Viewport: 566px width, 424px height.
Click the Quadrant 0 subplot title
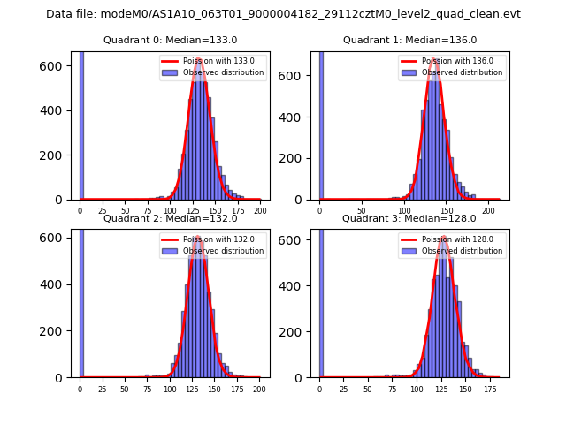pos(170,40)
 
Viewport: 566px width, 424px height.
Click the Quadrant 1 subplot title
pos(409,40)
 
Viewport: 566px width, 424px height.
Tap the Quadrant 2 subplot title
pos(170,218)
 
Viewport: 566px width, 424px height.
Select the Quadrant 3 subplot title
pos(409,218)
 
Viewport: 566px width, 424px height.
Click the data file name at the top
pos(283,14)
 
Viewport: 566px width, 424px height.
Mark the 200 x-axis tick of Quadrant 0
pos(260,212)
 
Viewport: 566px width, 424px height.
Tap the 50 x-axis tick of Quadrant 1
pos(363,212)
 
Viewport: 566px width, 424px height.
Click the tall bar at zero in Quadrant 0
pos(80,124)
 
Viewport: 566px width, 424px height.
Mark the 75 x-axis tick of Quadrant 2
pos(147,390)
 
